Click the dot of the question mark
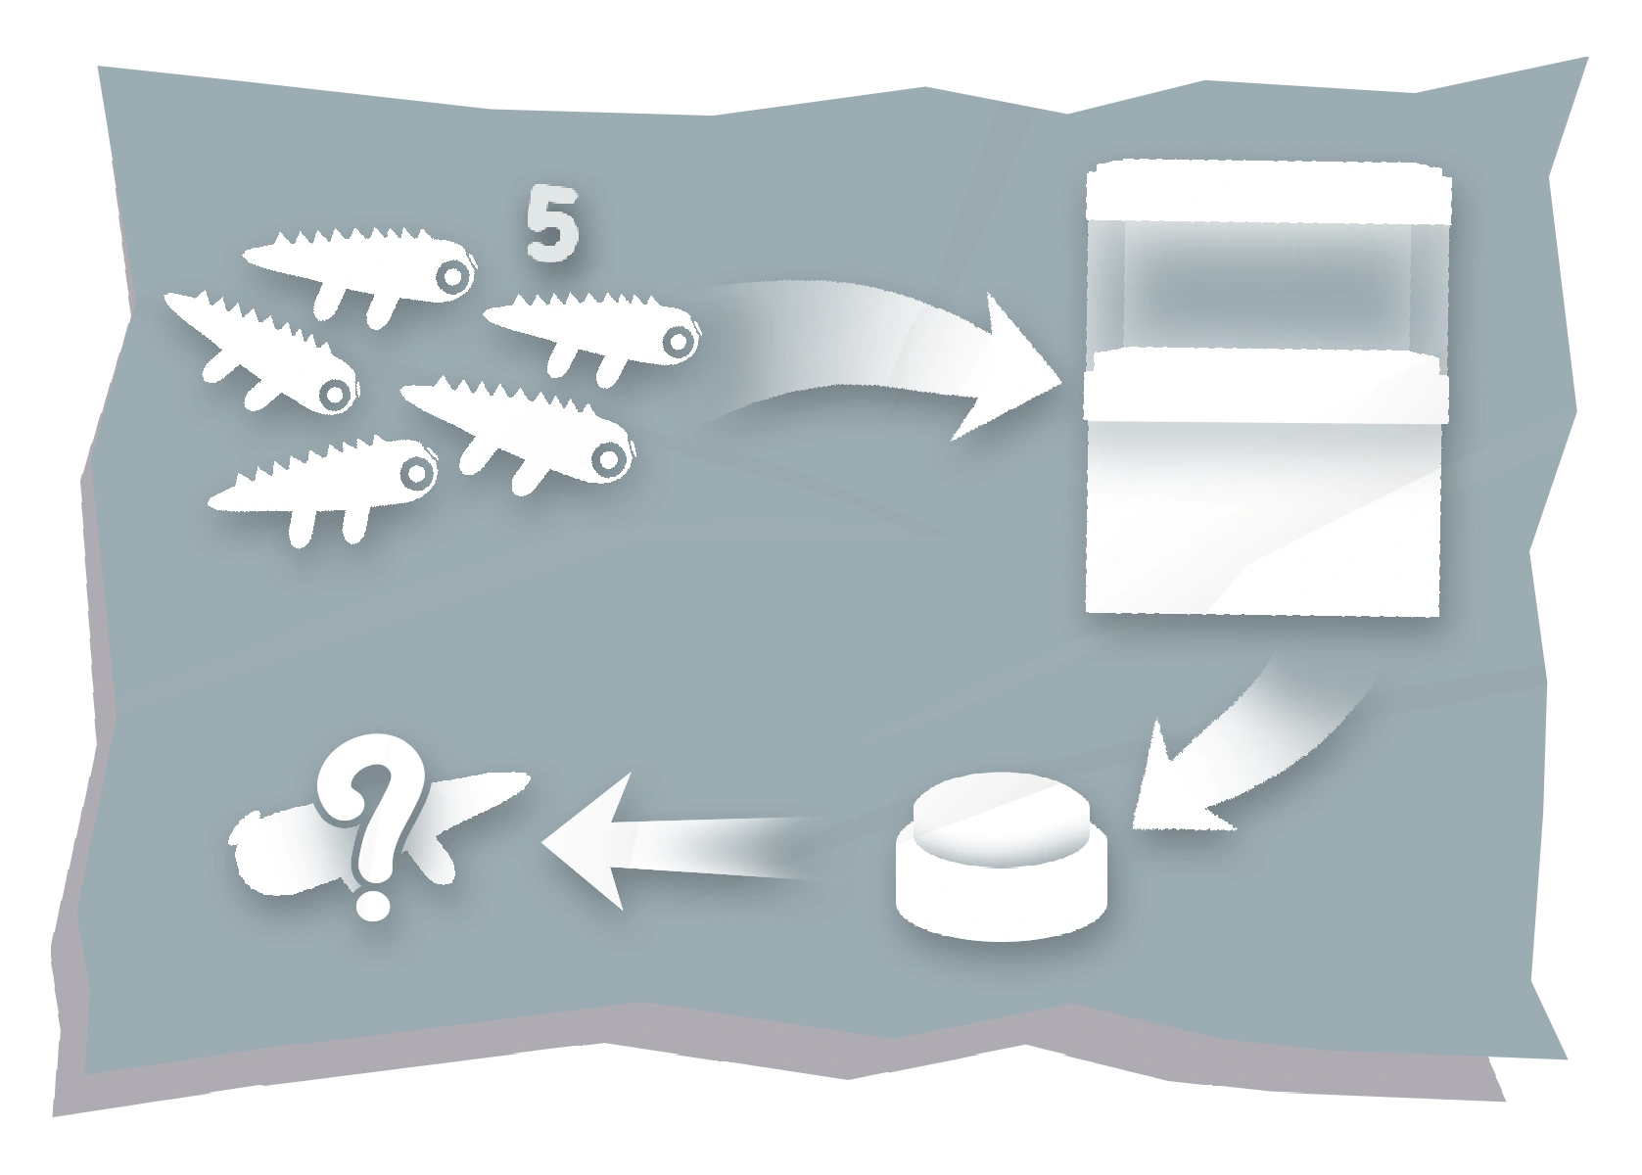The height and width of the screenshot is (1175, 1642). [371, 902]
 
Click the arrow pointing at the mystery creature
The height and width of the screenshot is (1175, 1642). [666, 843]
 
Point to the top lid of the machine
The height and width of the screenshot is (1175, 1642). [1268, 191]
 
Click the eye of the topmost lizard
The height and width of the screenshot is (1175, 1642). [452, 278]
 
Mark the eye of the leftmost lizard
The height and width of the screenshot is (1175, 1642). [336, 395]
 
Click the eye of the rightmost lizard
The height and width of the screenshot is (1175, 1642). [677, 340]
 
